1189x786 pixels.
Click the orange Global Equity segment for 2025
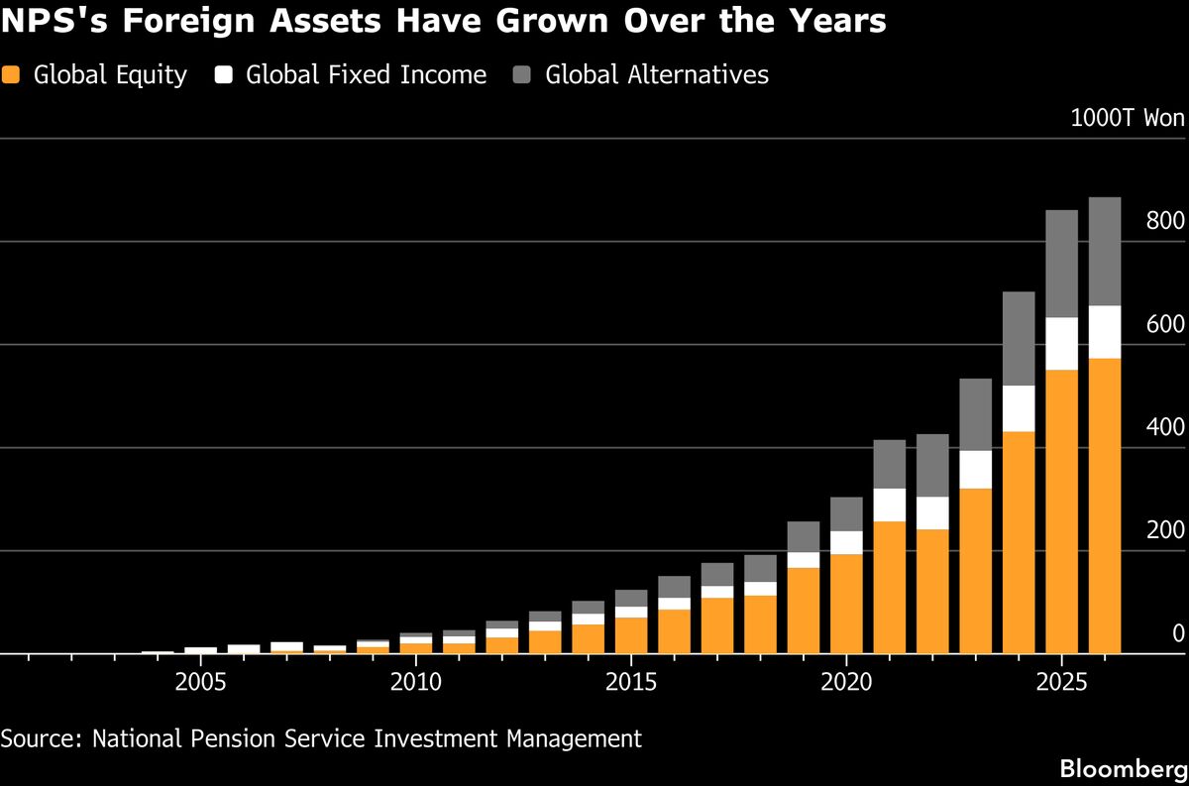[x=1061, y=511]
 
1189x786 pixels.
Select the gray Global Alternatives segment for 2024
[x=1019, y=338]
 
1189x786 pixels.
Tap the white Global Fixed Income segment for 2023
[x=976, y=470]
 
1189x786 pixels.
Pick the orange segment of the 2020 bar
[x=846, y=604]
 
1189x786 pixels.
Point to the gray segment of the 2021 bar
[x=890, y=464]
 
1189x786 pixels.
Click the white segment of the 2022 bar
[x=932, y=513]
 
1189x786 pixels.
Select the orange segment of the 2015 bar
[x=631, y=635]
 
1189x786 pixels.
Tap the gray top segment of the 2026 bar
[x=1105, y=252]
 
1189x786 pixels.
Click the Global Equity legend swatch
[x=11, y=74]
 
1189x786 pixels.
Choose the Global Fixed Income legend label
[x=366, y=74]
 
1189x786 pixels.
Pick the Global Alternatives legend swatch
[x=522, y=74]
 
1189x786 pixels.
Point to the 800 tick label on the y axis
[x=1165, y=220]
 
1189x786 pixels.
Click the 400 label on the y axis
[x=1165, y=427]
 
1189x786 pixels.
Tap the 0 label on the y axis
[x=1178, y=633]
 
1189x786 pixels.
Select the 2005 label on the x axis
[x=200, y=682]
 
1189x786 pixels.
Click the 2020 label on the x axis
[x=846, y=682]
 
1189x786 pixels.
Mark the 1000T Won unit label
[x=1128, y=118]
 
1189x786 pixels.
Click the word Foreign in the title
[x=189, y=21]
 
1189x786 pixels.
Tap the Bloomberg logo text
[x=1124, y=769]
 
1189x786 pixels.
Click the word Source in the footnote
[x=42, y=738]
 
